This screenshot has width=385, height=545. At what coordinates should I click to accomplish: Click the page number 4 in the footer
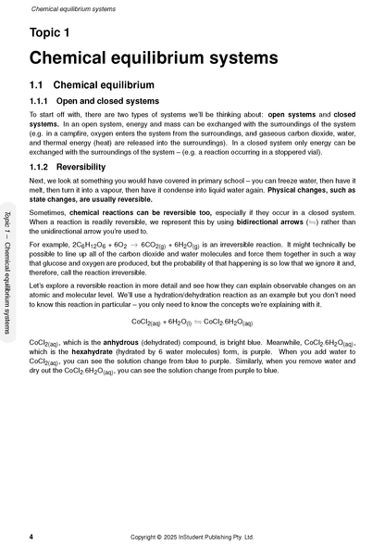(31, 537)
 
